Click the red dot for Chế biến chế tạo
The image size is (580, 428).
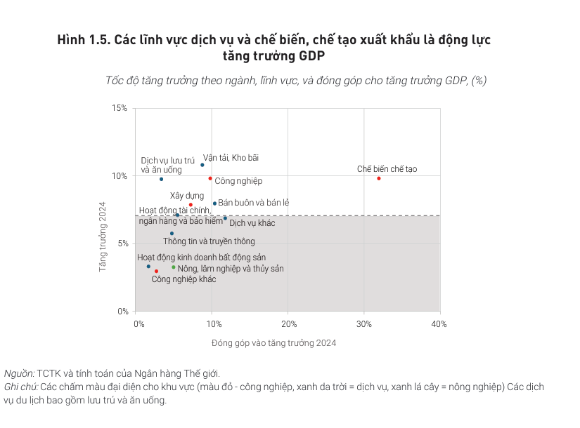click(379, 178)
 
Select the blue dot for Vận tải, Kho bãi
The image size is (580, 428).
click(202, 165)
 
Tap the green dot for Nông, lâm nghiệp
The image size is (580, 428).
click(174, 267)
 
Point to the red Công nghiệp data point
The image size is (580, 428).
click(210, 178)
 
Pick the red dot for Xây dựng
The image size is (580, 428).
click(191, 205)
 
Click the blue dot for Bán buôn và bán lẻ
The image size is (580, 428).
click(214, 203)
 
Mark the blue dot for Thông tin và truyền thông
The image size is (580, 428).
click(172, 234)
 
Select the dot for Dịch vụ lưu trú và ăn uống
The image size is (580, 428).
click(161, 179)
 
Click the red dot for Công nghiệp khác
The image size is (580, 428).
click(156, 272)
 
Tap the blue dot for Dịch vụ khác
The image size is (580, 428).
click(225, 218)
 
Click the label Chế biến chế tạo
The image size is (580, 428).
click(387, 169)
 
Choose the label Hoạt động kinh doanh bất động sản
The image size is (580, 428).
click(201, 258)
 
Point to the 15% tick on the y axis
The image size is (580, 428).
click(119, 108)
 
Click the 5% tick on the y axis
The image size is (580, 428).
click(121, 243)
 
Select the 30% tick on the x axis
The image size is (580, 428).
click(363, 324)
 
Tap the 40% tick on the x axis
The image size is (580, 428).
click(439, 324)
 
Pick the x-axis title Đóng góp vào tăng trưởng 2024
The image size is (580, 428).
click(274, 343)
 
